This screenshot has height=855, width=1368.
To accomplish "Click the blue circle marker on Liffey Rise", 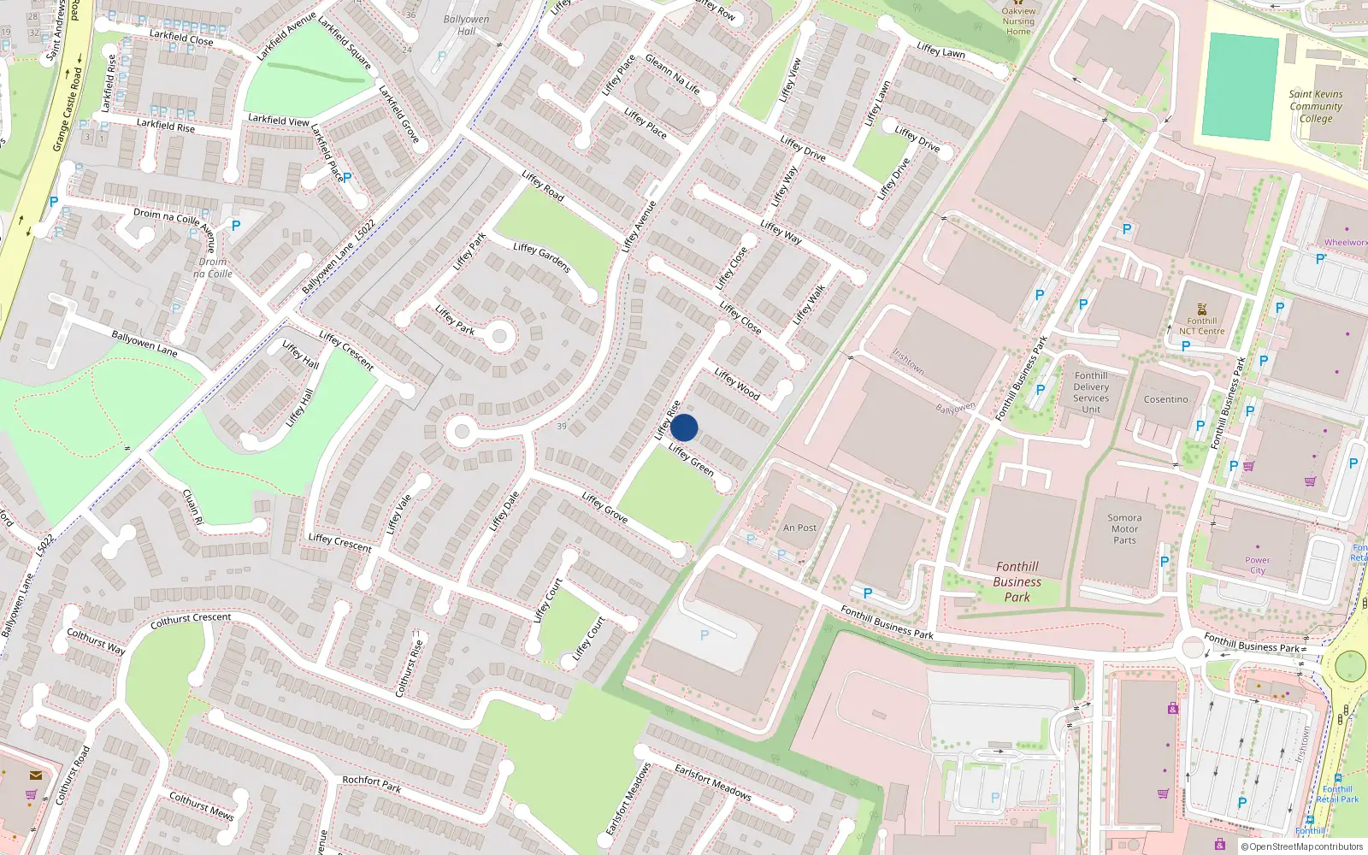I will [x=684, y=427].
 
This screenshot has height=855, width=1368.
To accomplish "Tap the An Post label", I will [x=799, y=528].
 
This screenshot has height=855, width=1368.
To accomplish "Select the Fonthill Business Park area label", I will [x=1017, y=581].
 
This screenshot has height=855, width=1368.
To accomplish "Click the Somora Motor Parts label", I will [x=1124, y=528].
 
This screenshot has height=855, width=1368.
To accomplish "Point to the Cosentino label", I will [x=1165, y=399].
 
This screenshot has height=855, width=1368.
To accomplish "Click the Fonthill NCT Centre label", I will [x=1201, y=326].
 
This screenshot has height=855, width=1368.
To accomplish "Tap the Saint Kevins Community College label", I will [x=1316, y=107].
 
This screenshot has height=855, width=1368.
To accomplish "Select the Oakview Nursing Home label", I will [x=1018, y=21].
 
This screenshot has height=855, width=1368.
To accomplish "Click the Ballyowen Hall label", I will [x=466, y=25].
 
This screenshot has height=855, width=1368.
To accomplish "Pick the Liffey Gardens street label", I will [x=542, y=257].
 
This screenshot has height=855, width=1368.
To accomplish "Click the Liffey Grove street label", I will [x=604, y=507].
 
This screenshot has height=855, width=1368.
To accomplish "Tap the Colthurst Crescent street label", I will [x=191, y=620].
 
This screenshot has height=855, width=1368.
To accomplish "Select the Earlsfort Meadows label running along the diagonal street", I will [x=713, y=781].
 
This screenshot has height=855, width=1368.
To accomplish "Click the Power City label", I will [x=1257, y=565].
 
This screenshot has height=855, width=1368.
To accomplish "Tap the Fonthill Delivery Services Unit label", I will [x=1090, y=392].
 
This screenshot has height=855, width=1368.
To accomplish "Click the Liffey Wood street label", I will [x=737, y=384].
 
